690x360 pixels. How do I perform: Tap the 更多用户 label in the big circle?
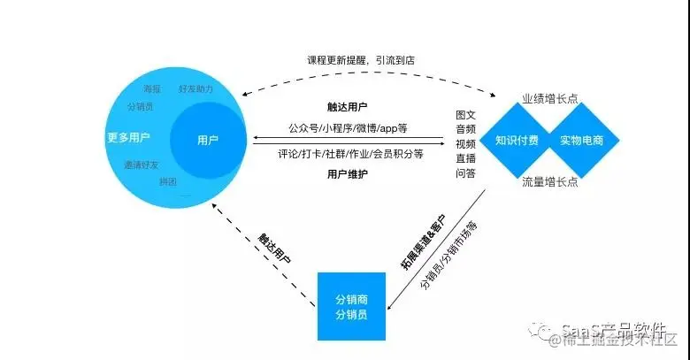[128, 137]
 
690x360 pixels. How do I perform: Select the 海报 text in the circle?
[152, 89]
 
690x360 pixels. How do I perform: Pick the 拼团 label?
[167, 181]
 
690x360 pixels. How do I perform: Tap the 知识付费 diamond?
[517, 140]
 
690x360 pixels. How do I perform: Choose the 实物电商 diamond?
[579, 140]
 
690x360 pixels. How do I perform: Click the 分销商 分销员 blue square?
[351, 306]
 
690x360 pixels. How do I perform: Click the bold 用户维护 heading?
[347, 173]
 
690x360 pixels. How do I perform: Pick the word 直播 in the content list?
[465, 157]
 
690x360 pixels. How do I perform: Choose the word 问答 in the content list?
[465, 172]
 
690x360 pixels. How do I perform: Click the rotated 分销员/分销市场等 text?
[448, 256]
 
